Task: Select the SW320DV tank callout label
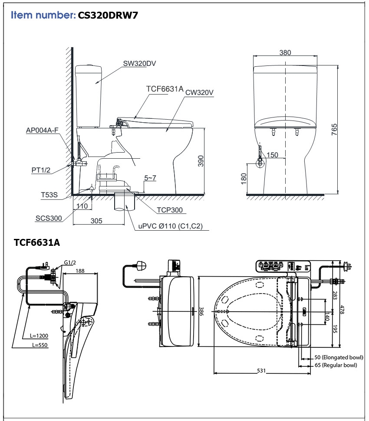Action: [139, 63]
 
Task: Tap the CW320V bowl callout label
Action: [200, 92]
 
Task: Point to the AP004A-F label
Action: [42, 130]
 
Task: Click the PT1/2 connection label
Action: [41, 170]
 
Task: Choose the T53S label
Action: [49, 196]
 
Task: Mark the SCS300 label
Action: [49, 218]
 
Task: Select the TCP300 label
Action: [169, 210]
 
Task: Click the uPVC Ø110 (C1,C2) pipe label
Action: [171, 226]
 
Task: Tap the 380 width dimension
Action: [285, 53]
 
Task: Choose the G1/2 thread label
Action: [69, 262]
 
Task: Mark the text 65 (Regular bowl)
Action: [336, 365]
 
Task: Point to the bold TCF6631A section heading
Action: [37, 242]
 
